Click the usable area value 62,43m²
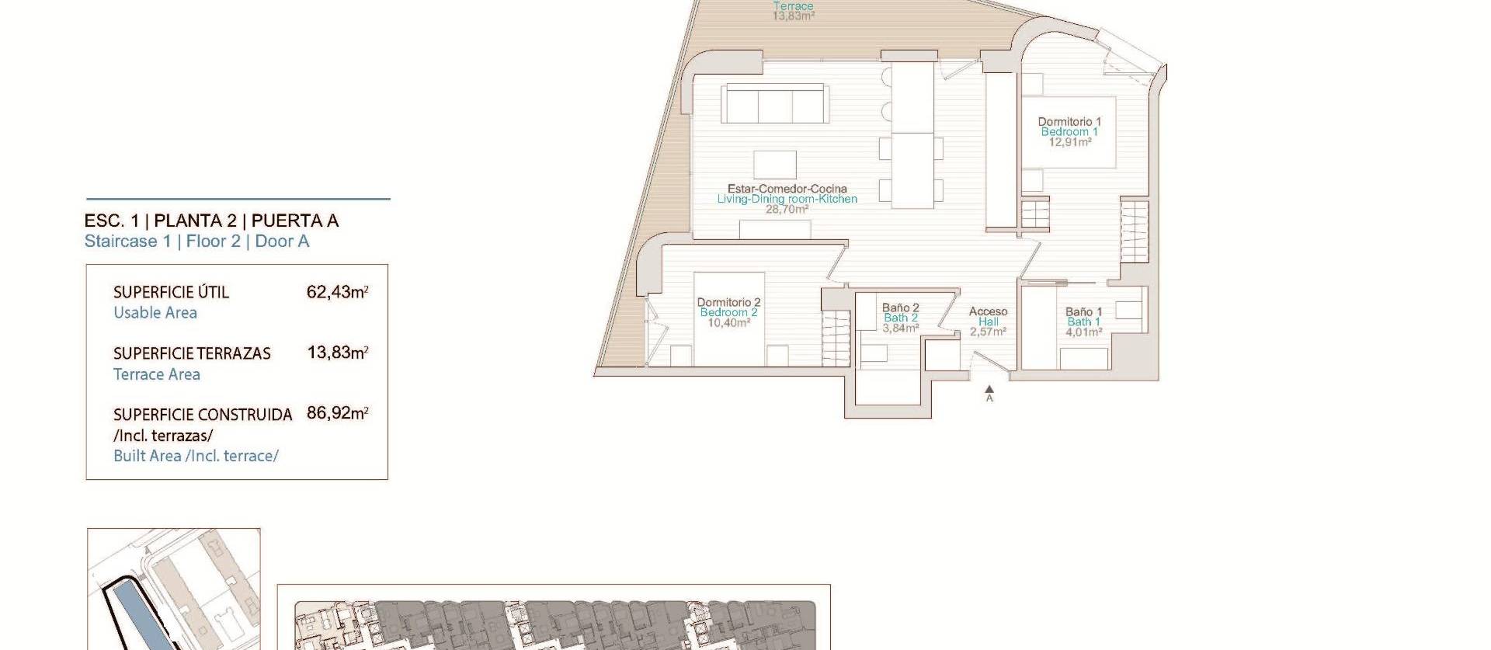(x=337, y=293)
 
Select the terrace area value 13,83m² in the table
(x=337, y=353)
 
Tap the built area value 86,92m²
(x=337, y=413)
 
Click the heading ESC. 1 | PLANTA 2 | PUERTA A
(x=211, y=221)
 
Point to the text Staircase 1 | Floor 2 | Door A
(x=196, y=242)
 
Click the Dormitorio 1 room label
(x=1069, y=122)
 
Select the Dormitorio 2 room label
(x=728, y=302)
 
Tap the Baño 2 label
(x=900, y=308)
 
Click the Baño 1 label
(x=1083, y=312)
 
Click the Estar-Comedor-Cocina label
(x=787, y=189)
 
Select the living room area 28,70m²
(x=787, y=209)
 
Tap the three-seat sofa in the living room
(x=773, y=103)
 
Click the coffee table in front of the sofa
(x=774, y=165)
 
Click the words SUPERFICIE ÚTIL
(x=171, y=293)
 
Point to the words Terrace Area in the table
(x=157, y=374)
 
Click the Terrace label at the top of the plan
(x=793, y=6)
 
